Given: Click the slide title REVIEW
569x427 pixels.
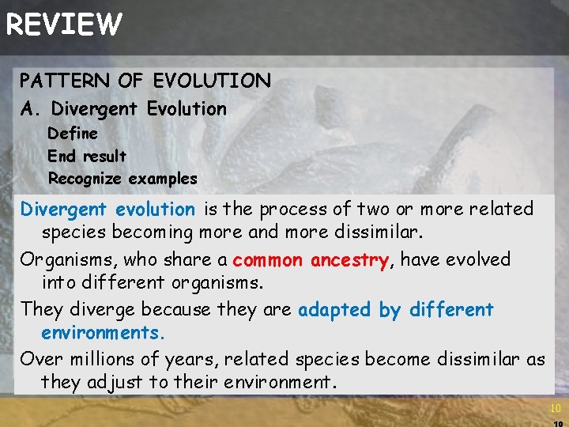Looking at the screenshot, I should (x=63, y=25).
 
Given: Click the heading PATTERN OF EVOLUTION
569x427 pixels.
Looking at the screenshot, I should (x=145, y=81).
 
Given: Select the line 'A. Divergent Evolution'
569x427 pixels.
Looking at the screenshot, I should (x=123, y=109).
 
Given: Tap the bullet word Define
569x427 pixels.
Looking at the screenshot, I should (x=73, y=133).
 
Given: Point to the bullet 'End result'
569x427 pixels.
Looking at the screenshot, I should (x=87, y=156).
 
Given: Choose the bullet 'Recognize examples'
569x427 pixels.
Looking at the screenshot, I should (x=122, y=179).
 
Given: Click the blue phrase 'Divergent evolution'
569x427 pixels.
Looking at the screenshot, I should (x=107, y=210).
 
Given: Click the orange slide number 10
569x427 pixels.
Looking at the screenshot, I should (x=555, y=408).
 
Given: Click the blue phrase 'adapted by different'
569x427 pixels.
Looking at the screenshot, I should (x=395, y=310).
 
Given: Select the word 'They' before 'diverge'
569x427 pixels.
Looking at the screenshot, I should (x=37, y=310).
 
